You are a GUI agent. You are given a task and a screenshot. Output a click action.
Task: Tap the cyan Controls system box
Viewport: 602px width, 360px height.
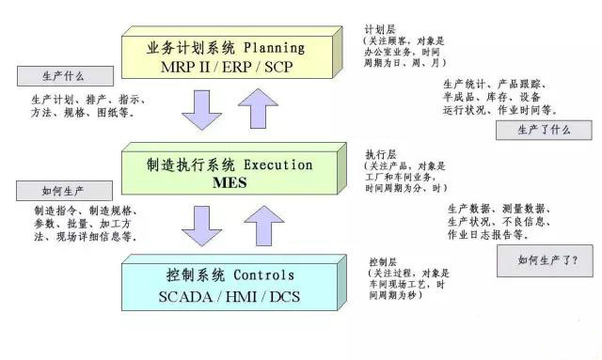pos(230,286)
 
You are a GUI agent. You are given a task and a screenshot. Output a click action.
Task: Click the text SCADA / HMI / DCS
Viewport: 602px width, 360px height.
pos(229,297)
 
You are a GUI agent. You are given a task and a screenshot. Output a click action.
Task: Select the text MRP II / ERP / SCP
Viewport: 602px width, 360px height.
pos(227,66)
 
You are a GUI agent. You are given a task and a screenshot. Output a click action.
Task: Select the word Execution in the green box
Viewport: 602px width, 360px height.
pos(277,164)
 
